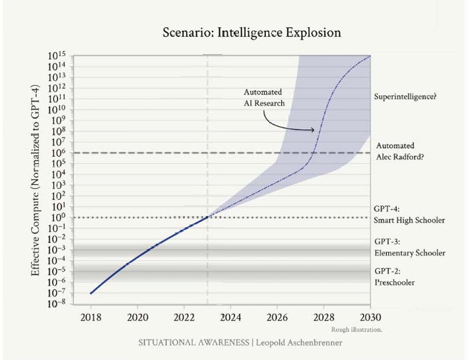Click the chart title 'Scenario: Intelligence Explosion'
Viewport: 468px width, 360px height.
pyautogui.click(x=251, y=32)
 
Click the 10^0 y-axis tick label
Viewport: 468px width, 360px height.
pyautogui.click(x=60, y=217)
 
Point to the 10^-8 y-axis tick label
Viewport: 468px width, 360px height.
pyautogui.click(x=58, y=304)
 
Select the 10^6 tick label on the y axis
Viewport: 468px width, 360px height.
pyautogui.click(x=60, y=153)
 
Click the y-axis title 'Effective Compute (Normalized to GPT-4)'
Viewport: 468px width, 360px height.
pyautogui.click(x=36, y=179)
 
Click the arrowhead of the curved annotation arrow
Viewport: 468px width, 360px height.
pyautogui.click(x=314, y=129)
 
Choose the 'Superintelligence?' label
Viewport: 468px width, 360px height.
pyautogui.click(x=405, y=96)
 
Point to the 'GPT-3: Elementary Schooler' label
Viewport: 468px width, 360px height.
pyautogui.click(x=409, y=247)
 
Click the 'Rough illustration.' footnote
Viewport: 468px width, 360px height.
pyautogui.click(x=354, y=328)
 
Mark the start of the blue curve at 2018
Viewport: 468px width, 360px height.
pyautogui.click(x=91, y=293)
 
